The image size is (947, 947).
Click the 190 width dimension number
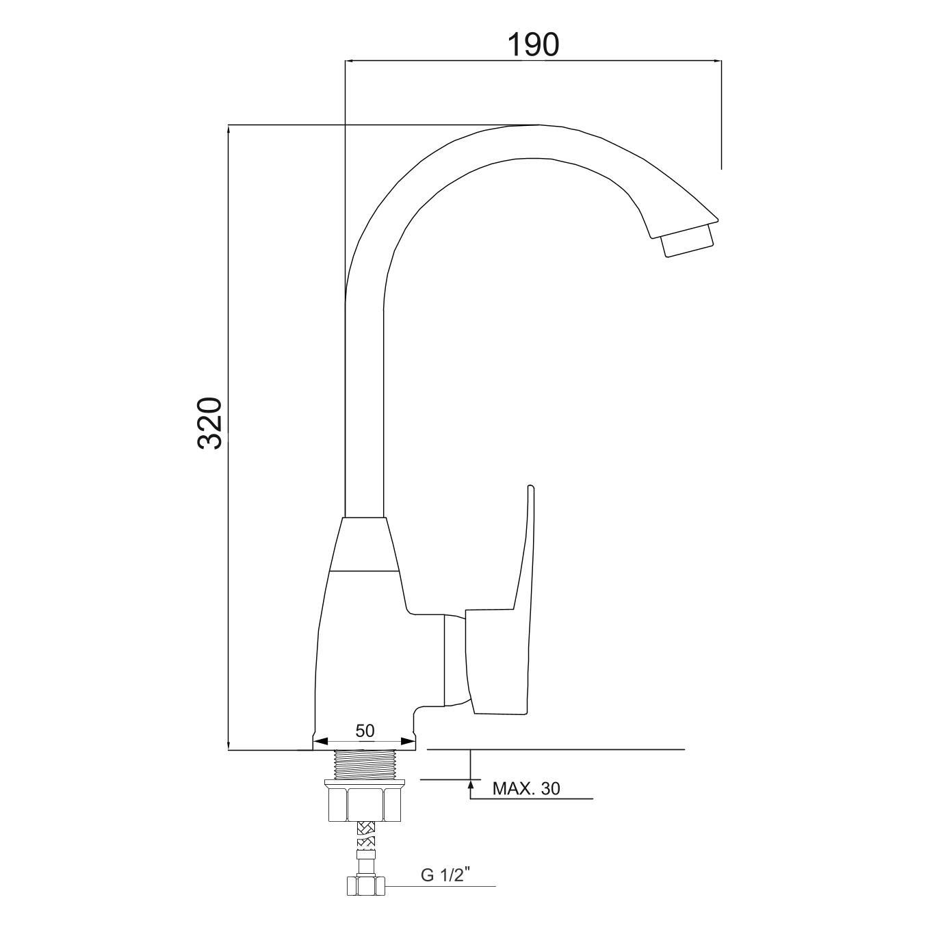tap(533, 44)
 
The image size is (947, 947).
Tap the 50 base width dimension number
tap(365, 731)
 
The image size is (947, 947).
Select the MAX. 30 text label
tap(526, 789)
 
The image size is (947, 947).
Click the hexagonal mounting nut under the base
tap(365, 803)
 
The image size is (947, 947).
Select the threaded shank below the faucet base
tap(365, 764)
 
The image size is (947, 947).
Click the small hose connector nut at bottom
tap(365, 887)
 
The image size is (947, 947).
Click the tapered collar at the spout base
tap(365, 544)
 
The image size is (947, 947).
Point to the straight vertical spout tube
tap(364, 411)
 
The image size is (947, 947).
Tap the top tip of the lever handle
tap(530, 489)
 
